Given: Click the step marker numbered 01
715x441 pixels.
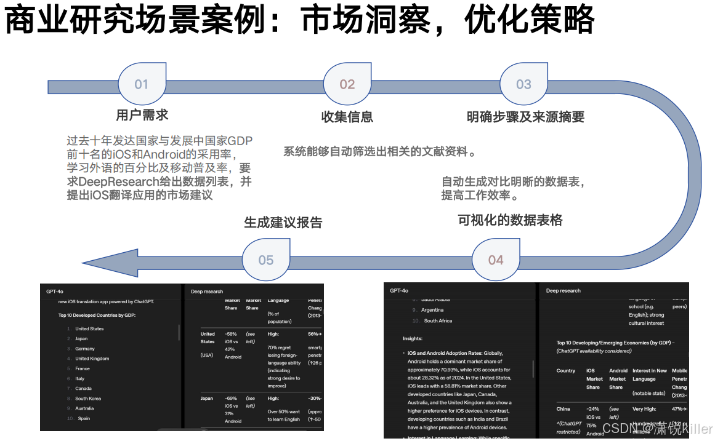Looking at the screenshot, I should point(142,84).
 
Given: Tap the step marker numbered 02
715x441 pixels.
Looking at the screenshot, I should point(347,84).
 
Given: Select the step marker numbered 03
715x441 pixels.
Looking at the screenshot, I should point(523,84).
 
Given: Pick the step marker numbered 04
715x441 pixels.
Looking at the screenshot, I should point(496,260).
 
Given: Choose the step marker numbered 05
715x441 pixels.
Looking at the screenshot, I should point(266,260).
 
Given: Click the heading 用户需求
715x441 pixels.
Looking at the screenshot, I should point(142,115).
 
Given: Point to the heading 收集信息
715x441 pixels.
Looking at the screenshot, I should point(347,117).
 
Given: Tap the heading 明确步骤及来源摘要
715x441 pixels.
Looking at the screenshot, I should point(525,117).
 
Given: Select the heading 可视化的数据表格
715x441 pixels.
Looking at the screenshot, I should point(510,220).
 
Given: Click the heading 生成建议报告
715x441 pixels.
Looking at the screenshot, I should point(283,223).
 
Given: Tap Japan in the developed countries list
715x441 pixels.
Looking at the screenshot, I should point(81,339).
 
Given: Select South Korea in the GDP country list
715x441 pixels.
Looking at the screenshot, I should point(88,399).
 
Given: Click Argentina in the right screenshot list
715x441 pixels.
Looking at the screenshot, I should point(432,310).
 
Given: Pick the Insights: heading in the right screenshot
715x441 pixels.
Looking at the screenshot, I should point(413,338).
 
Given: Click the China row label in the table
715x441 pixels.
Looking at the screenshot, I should point(564,409).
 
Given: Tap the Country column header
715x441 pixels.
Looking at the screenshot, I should point(566,371).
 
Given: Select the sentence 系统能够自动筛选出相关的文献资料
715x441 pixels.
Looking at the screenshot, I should point(380,151).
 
